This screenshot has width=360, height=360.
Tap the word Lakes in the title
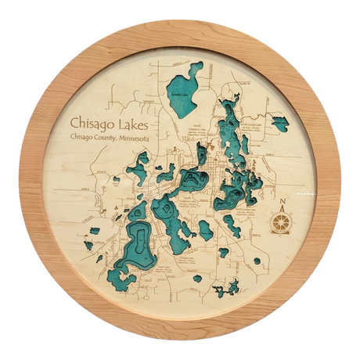coord(135,124)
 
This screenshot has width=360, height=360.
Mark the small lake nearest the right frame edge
coord(279,123)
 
